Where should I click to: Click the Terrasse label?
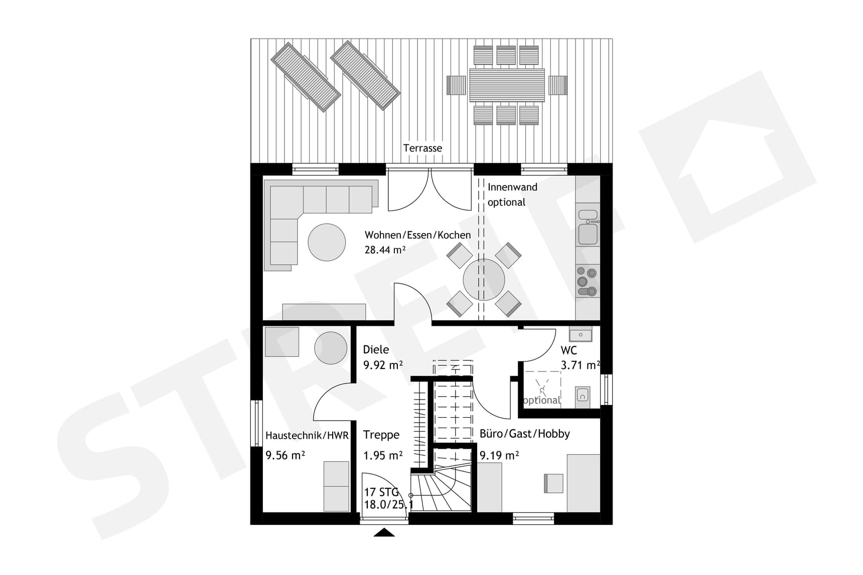click(422, 148)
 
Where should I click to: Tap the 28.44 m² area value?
click(385, 250)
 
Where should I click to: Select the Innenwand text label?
click(512, 187)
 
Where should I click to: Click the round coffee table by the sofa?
click(327, 242)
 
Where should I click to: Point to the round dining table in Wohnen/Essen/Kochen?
click(484, 280)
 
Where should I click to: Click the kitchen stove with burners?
click(587, 281)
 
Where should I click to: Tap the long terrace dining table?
click(507, 85)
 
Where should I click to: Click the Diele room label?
click(376, 349)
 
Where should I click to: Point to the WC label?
click(569, 350)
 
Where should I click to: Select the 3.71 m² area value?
click(581, 365)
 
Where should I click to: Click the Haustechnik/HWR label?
click(307, 436)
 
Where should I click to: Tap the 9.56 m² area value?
click(285, 455)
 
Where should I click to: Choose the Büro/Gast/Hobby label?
click(525, 434)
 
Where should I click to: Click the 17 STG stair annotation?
click(381, 492)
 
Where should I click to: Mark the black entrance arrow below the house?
click(384, 532)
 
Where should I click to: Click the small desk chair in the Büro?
click(553, 483)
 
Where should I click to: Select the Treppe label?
click(381, 435)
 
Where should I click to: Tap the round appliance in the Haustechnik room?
click(331, 348)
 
